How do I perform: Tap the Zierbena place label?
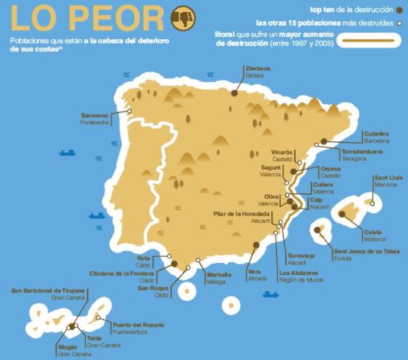point(257,69)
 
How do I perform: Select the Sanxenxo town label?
point(95,115)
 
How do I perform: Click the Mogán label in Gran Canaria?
point(67,348)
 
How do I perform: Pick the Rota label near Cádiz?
point(142,258)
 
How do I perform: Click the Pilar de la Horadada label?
point(242,215)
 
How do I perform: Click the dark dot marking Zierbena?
point(235,93)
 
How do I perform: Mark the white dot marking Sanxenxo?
point(130,112)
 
